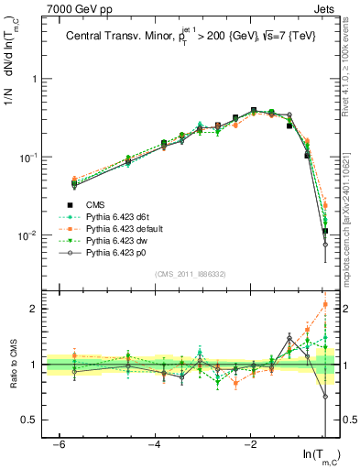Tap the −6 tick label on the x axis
tap(57, 442)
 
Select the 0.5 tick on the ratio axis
tap(30, 420)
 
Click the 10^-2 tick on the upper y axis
tap(28, 236)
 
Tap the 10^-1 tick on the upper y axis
tap(28, 158)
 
